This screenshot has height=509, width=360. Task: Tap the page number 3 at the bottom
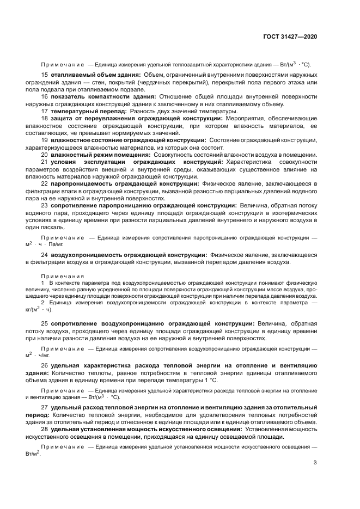point(315,463)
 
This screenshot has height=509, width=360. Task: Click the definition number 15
point(45,75)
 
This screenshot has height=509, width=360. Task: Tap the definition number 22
point(45,184)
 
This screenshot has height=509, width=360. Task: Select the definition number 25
point(45,324)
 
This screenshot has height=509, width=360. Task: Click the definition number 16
point(45,96)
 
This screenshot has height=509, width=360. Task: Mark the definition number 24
point(45,255)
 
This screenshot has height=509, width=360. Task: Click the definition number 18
point(45,118)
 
